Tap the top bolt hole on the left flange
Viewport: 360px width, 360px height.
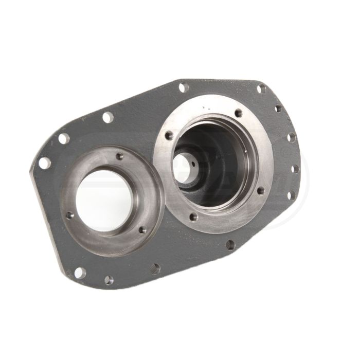point(119,156)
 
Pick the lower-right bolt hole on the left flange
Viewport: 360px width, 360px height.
point(142,230)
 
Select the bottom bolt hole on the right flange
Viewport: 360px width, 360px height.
point(192,217)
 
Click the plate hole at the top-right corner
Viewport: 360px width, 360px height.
point(261,88)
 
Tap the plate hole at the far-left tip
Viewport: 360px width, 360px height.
point(45,163)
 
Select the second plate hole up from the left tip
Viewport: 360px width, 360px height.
point(64,138)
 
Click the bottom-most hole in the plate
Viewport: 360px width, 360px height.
point(109,280)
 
